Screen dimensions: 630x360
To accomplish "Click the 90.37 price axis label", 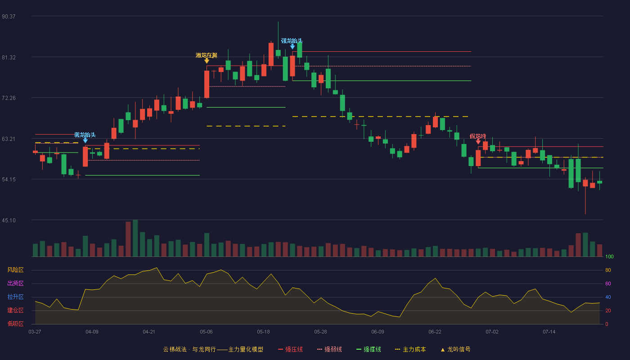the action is (9, 17).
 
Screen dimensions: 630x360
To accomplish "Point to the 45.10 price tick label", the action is (9, 220).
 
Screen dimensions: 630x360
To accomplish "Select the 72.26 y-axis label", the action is (9, 98).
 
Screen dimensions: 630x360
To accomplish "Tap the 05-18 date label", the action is (263, 332).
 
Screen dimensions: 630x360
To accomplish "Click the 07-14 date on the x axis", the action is (549, 332).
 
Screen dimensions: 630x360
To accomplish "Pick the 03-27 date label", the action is (35, 332).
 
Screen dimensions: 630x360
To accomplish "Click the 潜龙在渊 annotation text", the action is (207, 55).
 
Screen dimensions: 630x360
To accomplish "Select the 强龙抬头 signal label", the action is (292, 41).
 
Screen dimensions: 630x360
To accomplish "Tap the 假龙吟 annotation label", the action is (478, 136).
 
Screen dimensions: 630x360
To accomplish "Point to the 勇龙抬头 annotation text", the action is (85, 135).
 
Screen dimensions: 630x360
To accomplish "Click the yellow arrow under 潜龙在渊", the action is (207, 61).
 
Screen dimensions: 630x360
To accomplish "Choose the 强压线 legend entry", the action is (290, 349).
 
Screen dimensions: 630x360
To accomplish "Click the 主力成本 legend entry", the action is (410, 349).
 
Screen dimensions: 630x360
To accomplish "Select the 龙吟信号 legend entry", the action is (455, 349).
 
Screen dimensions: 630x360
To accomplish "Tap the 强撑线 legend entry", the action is (369, 349).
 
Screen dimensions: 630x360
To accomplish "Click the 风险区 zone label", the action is (15, 270).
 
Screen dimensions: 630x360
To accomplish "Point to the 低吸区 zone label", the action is (15, 324).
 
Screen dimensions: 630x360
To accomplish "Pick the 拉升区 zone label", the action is (15, 297).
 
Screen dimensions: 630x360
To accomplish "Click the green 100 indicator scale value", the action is (609, 256).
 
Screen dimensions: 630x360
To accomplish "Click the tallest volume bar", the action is (135, 238).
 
